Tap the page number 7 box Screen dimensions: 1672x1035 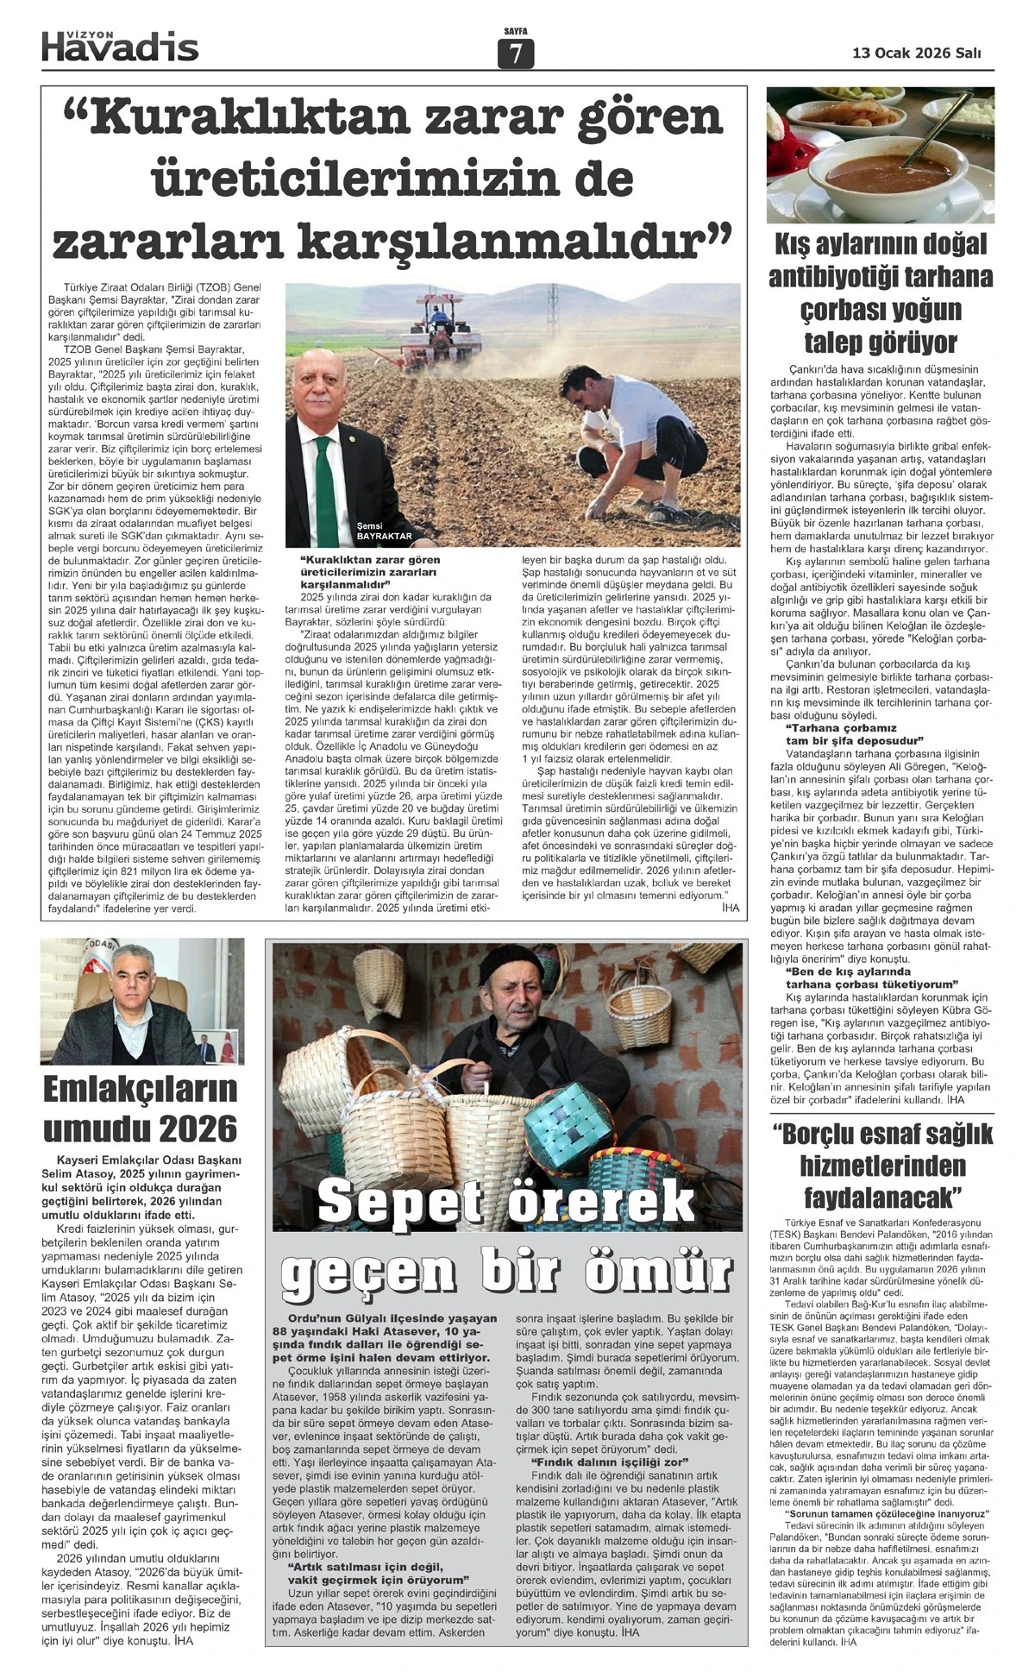pos(516,54)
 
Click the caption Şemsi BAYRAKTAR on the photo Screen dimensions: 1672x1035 pos(384,531)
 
